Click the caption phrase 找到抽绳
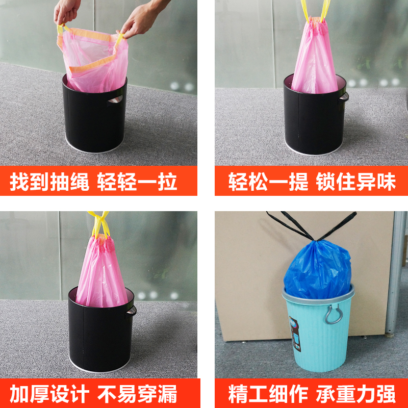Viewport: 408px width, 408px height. (49, 182)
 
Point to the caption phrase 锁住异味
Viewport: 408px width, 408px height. (355, 182)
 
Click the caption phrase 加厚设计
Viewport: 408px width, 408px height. (49, 394)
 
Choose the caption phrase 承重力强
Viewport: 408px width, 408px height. (355, 394)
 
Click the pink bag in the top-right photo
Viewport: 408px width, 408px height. (314, 59)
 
